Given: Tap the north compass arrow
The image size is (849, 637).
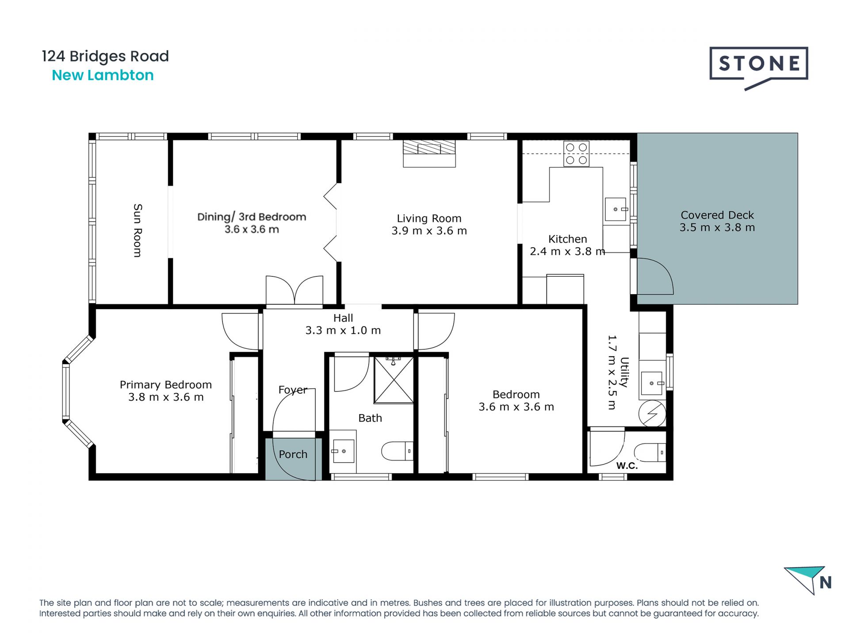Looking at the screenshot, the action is (x=806, y=579).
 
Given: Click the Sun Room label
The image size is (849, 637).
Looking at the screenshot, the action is (x=138, y=230).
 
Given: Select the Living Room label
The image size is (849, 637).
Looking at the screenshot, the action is (x=429, y=218).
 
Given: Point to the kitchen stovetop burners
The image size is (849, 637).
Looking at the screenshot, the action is (x=576, y=153).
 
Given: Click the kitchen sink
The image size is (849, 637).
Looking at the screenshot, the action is (x=616, y=209).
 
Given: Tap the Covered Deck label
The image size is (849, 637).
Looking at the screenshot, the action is (x=717, y=215).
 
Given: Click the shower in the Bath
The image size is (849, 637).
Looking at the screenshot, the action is (x=394, y=380).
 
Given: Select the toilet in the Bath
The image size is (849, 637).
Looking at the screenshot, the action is (x=397, y=451).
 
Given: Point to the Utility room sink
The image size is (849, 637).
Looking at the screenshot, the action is (x=652, y=383).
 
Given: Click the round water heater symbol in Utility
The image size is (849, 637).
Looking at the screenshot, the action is (x=652, y=414).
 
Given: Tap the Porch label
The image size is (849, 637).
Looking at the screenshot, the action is (x=293, y=454).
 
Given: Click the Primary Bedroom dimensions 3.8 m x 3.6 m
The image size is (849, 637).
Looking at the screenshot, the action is (x=166, y=397).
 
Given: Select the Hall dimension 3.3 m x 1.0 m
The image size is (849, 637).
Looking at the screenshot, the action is (x=343, y=330).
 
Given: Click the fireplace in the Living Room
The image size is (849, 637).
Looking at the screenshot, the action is (x=429, y=153).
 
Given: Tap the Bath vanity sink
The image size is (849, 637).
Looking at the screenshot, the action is (x=344, y=451).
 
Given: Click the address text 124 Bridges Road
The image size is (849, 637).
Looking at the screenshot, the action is (x=105, y=57).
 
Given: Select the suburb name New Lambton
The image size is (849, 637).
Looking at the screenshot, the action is (x=103, y=75).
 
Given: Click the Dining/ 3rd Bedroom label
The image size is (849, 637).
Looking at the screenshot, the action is (x=251, y=217).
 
